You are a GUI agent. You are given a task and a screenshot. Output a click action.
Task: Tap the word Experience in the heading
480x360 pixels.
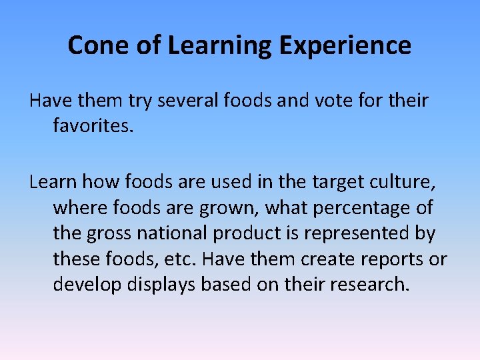pyautogui.click(x=345, y=45)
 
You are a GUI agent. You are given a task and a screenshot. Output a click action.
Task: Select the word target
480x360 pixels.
pyautogui.click(x=343, y=182)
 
